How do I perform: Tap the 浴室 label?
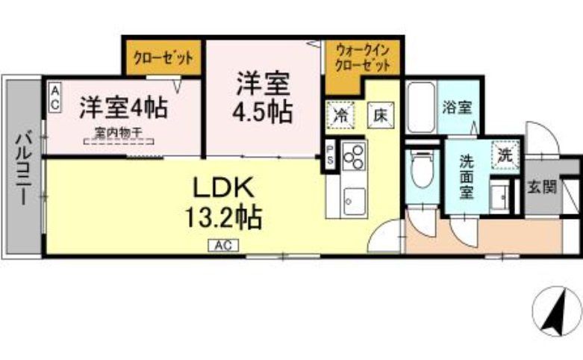(x=455, y=107)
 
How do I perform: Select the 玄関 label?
(x=543, y=187)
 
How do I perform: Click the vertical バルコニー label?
(x=24, y=168)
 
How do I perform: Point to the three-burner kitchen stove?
(x=352, y=156)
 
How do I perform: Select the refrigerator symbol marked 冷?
(x=340, y=116)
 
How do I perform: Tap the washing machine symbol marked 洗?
(x=505, y=156)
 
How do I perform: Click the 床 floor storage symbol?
(x=379, y=116)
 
